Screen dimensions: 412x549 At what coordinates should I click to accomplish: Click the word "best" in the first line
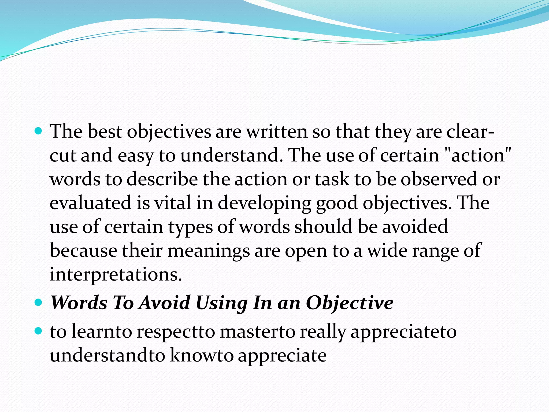coord(105,132)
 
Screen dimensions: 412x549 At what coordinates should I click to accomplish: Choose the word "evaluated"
coord(91,203)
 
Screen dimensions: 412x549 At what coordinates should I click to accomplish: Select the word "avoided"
coord(415,226)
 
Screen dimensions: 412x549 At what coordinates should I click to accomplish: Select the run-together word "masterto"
coord(257,332)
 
